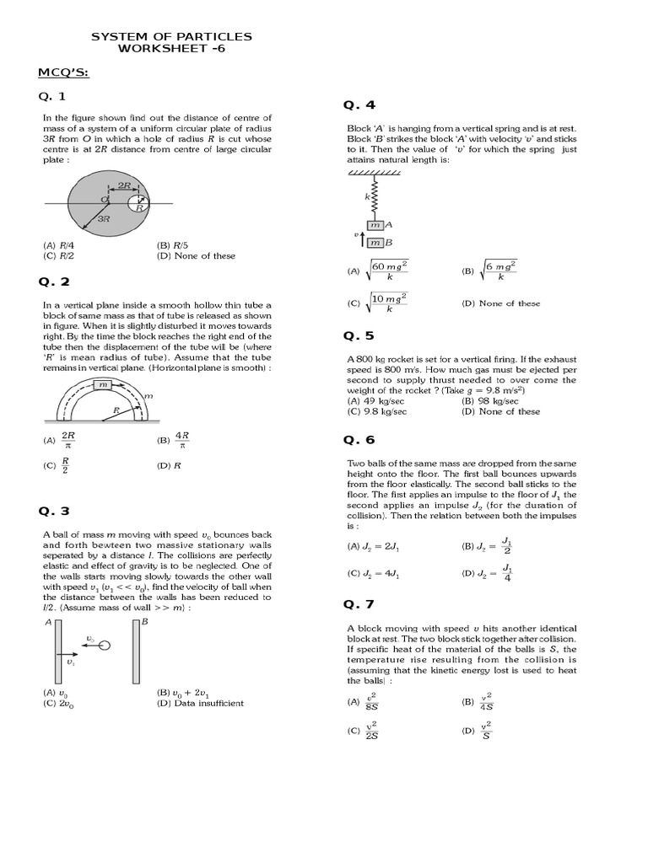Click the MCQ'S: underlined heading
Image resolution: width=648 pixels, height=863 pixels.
63,73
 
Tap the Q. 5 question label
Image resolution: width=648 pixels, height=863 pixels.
359,335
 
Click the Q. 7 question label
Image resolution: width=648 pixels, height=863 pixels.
359,604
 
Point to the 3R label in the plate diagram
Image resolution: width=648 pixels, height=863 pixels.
104,217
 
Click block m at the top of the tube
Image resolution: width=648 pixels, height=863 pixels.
103,384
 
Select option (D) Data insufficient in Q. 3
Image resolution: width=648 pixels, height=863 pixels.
200,703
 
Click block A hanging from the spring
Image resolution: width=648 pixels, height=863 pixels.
375,225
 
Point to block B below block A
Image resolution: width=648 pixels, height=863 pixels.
375,243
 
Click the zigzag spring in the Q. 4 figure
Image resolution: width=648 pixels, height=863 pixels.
373,198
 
